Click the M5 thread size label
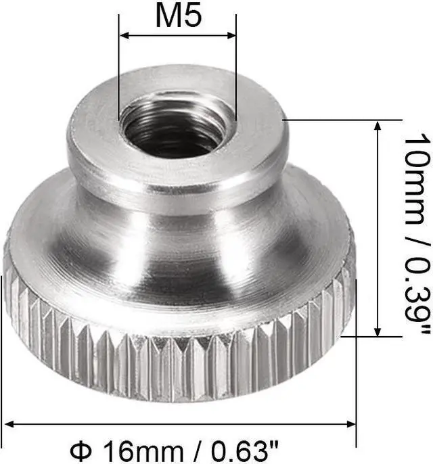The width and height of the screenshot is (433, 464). click(178, 16)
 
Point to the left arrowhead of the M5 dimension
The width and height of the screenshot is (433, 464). click(124, 34)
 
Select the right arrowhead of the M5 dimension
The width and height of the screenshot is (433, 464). click(232, 34)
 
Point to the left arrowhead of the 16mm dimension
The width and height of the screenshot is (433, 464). click(9, 425)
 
